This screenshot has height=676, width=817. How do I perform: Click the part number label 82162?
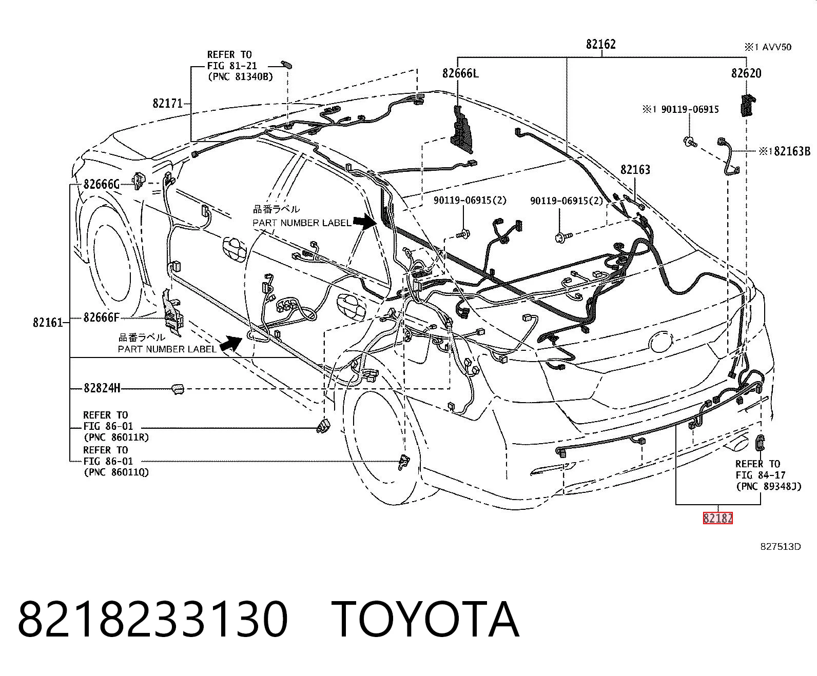coord(600,44)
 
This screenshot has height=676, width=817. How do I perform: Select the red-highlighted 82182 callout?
coord(717,518)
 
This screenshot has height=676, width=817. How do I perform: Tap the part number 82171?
coord(167,103)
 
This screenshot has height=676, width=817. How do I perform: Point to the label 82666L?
coord(460,73)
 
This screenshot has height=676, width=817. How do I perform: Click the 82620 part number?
coord(746,73)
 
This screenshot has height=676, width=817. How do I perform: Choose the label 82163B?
coord(792,151)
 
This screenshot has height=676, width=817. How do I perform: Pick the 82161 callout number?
coord(48,322)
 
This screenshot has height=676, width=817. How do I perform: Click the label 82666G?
coord(101,184)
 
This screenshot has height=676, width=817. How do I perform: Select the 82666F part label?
coord(101,317)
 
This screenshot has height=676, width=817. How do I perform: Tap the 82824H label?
coord(102,388)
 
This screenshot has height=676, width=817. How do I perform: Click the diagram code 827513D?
coord(780,547)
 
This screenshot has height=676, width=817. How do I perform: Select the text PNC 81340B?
coord(243,76)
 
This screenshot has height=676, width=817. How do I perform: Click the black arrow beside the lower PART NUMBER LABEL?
coord(231,344)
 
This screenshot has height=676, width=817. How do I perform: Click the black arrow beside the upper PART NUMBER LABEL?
coord(364,222)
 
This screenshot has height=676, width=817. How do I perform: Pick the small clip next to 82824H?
coord(178,389)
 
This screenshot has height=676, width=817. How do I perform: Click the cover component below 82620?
coord(748,105)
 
